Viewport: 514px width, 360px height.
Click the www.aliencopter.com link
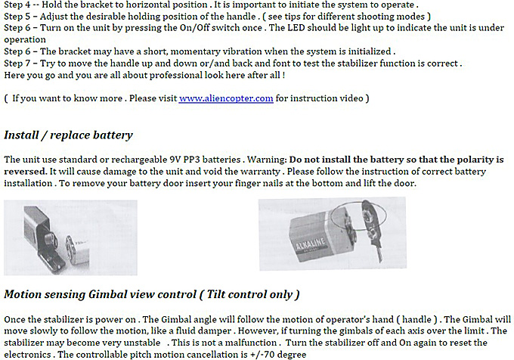point(225,98)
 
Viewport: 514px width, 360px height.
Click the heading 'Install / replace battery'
point(68,135)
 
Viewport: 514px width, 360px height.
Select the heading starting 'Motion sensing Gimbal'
point(151,294)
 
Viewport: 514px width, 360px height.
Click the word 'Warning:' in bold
point(264,160)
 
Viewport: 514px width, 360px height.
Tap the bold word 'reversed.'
point(26,171)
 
